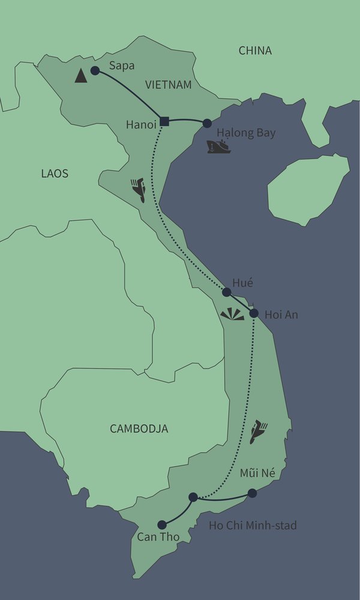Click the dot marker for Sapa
[95, 71]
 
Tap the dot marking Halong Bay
[207, 123]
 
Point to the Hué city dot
[227, 292]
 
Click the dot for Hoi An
[254, 313]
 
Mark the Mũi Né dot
[252, 493]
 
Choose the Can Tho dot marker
[161, 524]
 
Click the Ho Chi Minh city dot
[193, 497]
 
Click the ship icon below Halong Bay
[217, 146]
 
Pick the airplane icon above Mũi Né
[258, 431]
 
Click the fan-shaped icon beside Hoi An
[232, 315]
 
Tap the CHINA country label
[255, 51]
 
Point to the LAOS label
[55, 174]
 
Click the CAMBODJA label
[139, 428]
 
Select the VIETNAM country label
[168, 85]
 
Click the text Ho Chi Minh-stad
[253, 526]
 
